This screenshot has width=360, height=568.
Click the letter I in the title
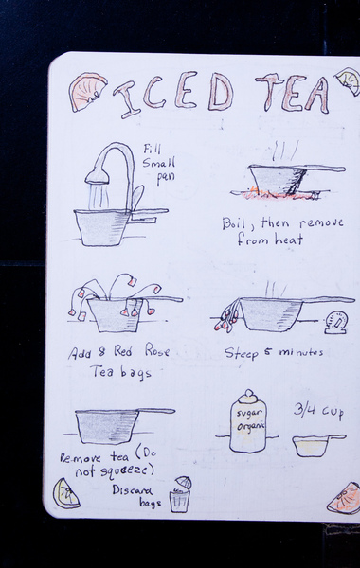tap(127, 99)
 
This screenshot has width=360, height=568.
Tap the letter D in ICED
tap(221, 92)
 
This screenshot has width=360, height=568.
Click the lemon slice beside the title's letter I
tap(87, 92)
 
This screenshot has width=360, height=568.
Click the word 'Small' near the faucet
tap(159, 162)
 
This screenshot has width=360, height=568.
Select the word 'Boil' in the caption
tap(233, 223)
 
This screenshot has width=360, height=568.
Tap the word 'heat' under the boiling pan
tap(288, 240)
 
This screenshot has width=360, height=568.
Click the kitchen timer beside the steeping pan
tap(336, 322)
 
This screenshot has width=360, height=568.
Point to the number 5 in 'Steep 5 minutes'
tap(267, 351)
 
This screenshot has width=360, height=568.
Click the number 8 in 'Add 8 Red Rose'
tap(102, 352)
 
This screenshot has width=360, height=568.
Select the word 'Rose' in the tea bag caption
tap(157, 350)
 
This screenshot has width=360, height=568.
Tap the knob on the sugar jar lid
tap(248, 394)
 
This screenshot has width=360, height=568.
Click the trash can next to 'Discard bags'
tap(181, 494)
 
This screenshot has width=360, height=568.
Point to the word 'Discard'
tap(133, 490)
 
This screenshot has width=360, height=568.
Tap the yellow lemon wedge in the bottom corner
tap(65, 494)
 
